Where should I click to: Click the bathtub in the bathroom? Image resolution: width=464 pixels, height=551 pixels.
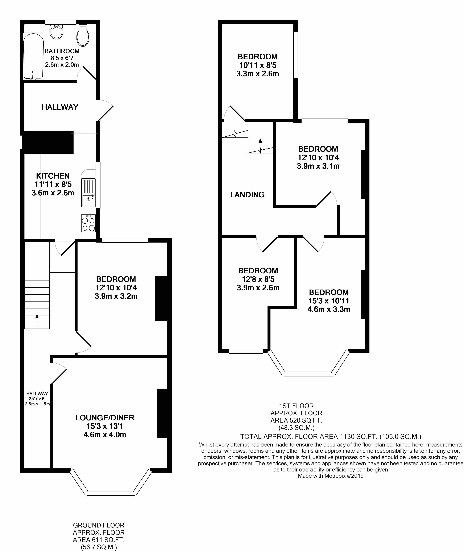pyautogui.click(x=33, y=56)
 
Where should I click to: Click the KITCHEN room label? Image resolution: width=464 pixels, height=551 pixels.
pyautogui.click(x=53, y=176)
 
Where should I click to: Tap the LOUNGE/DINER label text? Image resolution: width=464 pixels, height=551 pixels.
pyautogui.click(x=105, y=418)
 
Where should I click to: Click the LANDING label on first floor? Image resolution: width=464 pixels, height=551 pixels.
pyautogui.click(x=247, y=195)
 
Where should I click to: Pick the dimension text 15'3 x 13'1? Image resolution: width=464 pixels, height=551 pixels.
pyautogui.click(x=105, y=426)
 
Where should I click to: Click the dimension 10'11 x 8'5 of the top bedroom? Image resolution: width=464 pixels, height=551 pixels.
pyautogui.click(x=257, y=65)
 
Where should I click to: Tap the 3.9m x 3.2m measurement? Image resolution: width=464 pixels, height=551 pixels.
pyautogui.click(x=116, y=296)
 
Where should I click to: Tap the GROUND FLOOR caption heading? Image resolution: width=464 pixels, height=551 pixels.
pyautogui.click(x=99, y=525)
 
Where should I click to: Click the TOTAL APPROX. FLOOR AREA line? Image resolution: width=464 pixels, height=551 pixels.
pyautogui.click(x=331, y=436)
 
